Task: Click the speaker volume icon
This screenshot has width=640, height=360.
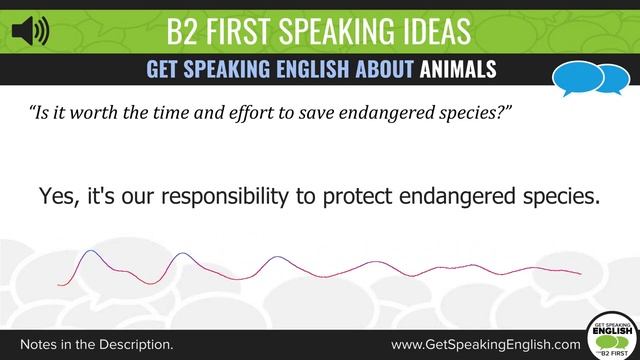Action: tap(30, 32)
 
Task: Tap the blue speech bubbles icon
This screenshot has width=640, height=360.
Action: tap(585, 77)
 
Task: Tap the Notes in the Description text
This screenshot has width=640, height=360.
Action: tap(96, 343)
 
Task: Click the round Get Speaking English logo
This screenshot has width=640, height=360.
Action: tap(611, 335)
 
